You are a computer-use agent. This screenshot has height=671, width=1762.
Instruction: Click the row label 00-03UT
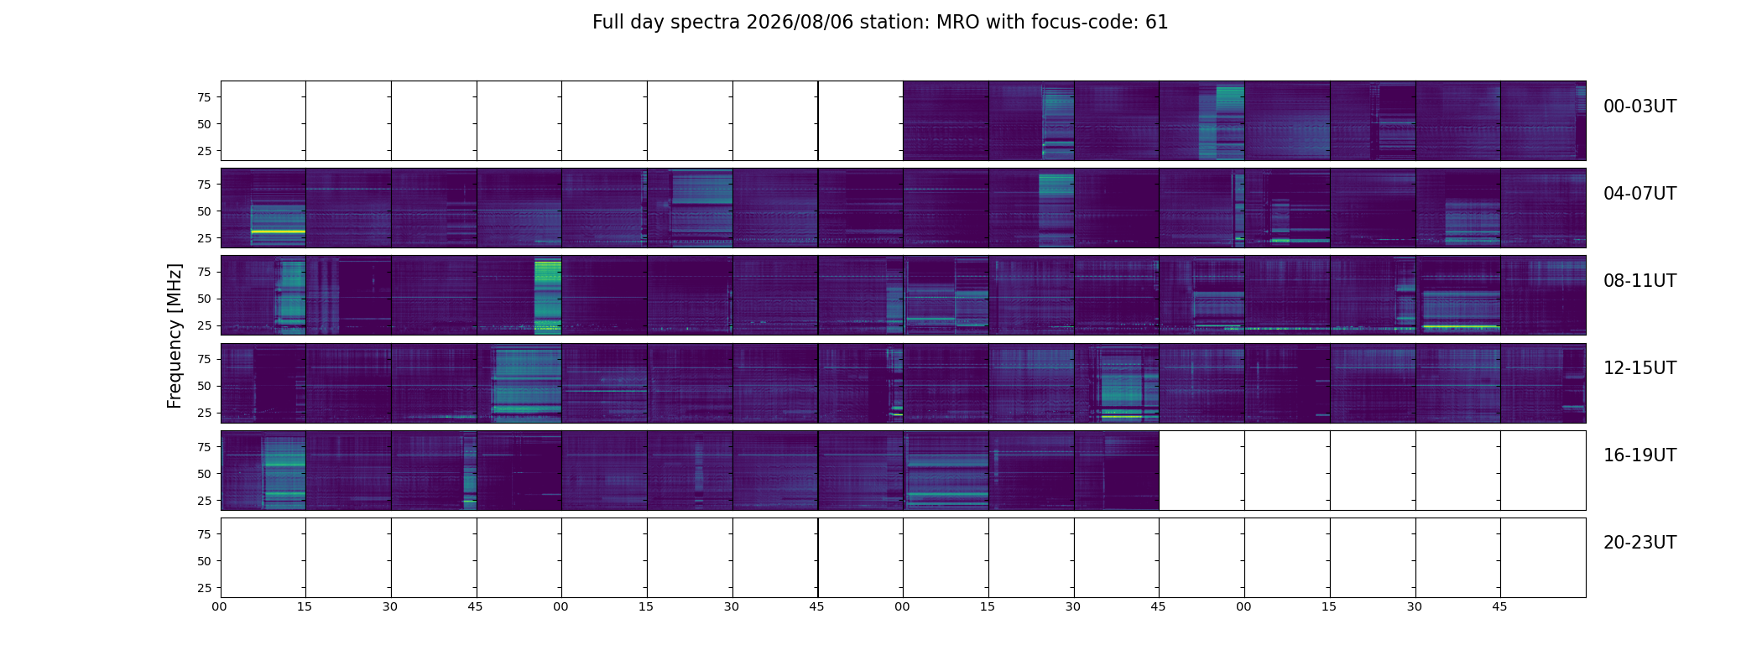(x=1639, y=107)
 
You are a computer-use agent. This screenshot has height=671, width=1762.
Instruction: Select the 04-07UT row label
(x=1639, y=194)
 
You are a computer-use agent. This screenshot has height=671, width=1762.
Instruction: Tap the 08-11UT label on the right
(x=1639, y=281)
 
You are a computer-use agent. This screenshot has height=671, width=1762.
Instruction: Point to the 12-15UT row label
(x=1639, y=368)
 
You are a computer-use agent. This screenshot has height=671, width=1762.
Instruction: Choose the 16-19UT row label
(x=1639, y=455)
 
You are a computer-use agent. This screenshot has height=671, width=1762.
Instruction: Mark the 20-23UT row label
(x=1639, y=543)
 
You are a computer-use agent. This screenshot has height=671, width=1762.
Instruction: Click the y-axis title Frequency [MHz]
(x=175, y=335)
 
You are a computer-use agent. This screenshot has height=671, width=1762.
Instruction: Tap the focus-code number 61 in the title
(x=1157, y=23)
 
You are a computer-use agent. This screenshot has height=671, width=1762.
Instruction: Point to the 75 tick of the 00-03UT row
(x=204, y=97)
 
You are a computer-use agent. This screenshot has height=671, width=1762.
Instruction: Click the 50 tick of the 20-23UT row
(x=204, y=561)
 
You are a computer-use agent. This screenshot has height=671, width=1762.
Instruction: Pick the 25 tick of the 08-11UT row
(x=204, y=325)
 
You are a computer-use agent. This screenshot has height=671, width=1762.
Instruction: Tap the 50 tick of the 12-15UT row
(x=204, y=386)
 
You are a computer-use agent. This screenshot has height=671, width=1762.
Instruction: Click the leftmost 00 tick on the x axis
(x=220, y=606)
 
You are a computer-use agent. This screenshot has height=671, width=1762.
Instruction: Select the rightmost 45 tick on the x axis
(x=1499, y=606)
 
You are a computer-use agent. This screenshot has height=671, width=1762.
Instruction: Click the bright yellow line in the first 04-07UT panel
(x=279, y=231)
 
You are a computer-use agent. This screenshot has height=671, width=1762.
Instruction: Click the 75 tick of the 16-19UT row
(x=204, y=447)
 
